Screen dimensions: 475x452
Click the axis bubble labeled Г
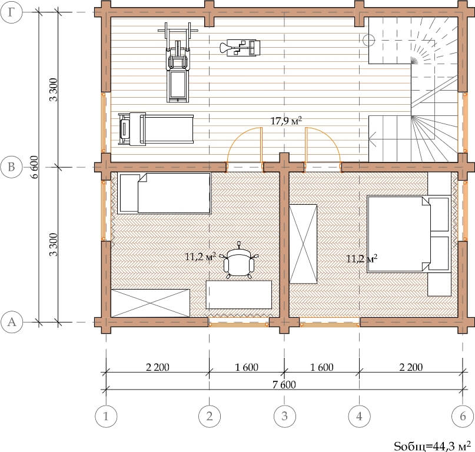pyautogui.click(x=11, y=12)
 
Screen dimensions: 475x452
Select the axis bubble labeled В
pyautogui.click(x=11, y=167)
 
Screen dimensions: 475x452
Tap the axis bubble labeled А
pyautogui.click(x=12, y=322)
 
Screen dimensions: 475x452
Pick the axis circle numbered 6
pyautogui.click(x=463, y=416)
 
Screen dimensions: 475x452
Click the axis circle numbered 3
pyautogui.click(x=284, y=416)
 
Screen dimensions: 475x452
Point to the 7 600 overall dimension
pyautogui.click(x=284, y=384)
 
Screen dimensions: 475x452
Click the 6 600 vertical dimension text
pyautogui.click(x=35, y=167)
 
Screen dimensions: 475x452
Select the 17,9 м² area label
pyautogui.click(x=286, y=121)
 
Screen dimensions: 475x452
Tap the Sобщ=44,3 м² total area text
pyautogui.click(x=432, y=446)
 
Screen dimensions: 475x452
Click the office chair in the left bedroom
pyautogui.click(x=239, y=261)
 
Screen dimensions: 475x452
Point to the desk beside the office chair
pyautogui.click(x=239, y=294)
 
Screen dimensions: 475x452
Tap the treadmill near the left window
pyautogui.click(x=156, y=129)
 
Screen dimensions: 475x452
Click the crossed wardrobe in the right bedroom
pyautogui.click(x=303, y=244)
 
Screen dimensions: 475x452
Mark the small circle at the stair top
pyautogui.click(x=369, y=39)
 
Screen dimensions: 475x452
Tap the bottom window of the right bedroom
pyautogui.click(x=330, y=324)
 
